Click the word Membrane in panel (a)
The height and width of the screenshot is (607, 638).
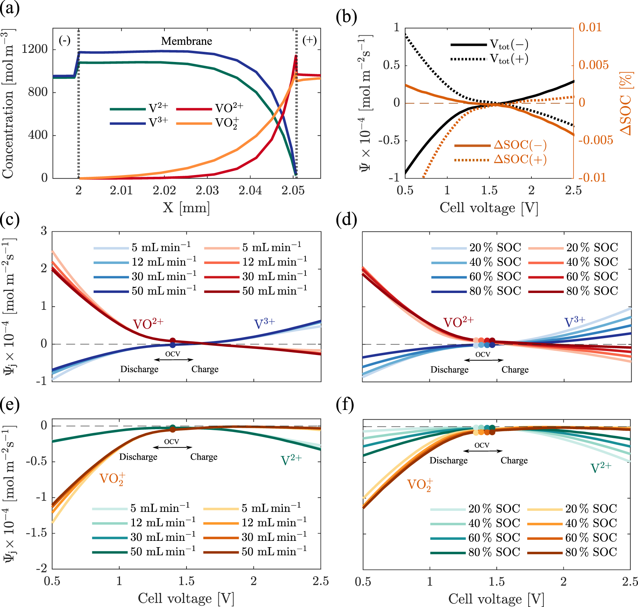click(x=186, y=41)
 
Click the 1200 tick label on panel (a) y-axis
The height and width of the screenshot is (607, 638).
click(x=34, y=49)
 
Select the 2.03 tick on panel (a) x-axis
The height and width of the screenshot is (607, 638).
click(x=207, y=191)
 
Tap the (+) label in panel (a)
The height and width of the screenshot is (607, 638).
click(x=310, y=40)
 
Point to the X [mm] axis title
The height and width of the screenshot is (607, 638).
click(x=186, y=208)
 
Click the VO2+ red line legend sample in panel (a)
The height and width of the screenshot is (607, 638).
click(x=194, y=109)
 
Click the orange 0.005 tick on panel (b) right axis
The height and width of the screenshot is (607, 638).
click(x=593, y=65)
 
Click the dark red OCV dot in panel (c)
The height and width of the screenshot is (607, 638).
click(x=172, y=341)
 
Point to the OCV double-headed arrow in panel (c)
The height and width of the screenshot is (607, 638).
click(x=174, y=360)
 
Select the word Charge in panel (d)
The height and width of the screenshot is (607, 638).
click(x=515, y=370)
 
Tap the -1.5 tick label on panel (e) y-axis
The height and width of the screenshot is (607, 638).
click(x=36, y=533)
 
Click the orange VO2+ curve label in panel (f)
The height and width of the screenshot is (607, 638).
click(x=420, y=485)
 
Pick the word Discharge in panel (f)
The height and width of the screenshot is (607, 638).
click(x=448, y=460)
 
